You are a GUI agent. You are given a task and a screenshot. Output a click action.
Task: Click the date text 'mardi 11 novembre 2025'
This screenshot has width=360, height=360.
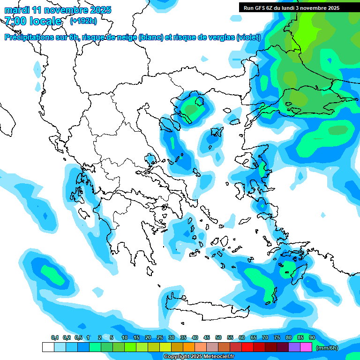click(x=58, y=9)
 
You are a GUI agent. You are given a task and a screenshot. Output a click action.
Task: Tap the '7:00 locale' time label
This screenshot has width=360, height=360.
click(x=33, y=21)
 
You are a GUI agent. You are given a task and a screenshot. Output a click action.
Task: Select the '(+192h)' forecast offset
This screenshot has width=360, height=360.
click(x=84, y=21)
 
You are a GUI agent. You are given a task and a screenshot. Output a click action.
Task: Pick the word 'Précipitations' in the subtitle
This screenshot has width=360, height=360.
click(x=30, y=37)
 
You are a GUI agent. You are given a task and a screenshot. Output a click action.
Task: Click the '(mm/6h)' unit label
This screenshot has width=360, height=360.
click(x=327, y=348)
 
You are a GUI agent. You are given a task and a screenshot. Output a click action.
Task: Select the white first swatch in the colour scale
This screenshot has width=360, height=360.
click(x=48, y=347)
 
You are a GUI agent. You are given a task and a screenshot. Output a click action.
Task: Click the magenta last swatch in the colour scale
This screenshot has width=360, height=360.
click(x=306, y=347)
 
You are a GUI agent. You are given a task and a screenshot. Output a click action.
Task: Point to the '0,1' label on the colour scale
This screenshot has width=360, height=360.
click(x=54, y=338)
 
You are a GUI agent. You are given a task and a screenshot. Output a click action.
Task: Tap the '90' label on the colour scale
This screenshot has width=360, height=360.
click(x=312, y=338)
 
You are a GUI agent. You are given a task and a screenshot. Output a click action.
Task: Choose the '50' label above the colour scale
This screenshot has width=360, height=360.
click(x=218, y=338)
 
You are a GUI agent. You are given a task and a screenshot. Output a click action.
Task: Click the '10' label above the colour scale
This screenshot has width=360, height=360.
click(x=125, y=338)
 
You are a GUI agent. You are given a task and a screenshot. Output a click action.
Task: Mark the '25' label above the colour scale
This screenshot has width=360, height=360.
click(x=160, y=338)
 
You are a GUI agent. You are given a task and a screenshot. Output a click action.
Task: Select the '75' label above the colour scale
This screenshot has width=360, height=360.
click(x=277, y=338)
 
